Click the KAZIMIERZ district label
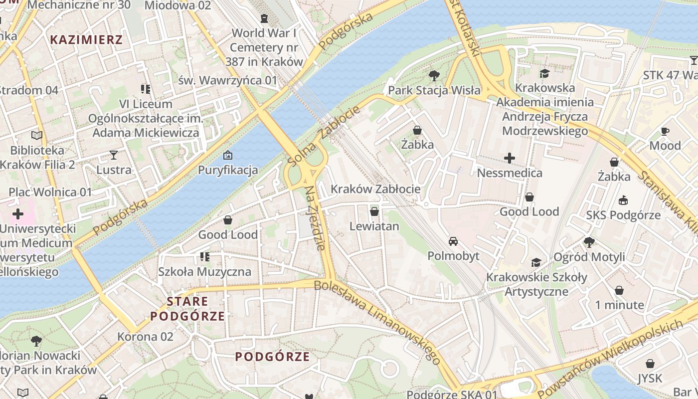coord(86,40)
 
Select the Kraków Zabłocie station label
coord(375,189)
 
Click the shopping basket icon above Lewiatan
coord(374,211)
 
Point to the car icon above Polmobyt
coord(453,241)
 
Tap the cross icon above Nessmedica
coord(510,159)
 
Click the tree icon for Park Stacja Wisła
coord(434,76)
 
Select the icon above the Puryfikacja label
coord(228,155)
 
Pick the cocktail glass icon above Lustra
coord(114,155)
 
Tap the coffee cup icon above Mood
coord(665,131)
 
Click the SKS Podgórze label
coord(623,215)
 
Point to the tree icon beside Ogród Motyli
coord(589,242)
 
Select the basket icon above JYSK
coord(650,364)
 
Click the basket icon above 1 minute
coord(619,290)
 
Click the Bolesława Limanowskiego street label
coord(377,322)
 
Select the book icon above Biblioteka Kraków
coord(36,135)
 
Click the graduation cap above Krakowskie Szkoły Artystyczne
coord(536,262)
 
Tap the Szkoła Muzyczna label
coord(204,272)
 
